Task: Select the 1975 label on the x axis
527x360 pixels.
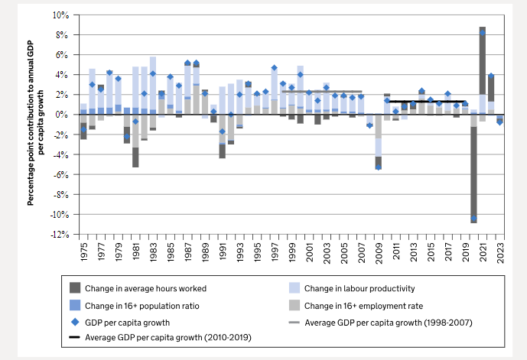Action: tap(83, 251)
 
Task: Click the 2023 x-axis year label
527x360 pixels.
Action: tap(499, 251)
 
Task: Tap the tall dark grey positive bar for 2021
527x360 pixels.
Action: tap(483, 61)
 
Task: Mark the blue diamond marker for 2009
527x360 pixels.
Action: tap(378, 167)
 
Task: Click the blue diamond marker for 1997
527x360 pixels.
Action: tap(274, 68)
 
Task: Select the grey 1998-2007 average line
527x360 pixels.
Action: tap(321, 92)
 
